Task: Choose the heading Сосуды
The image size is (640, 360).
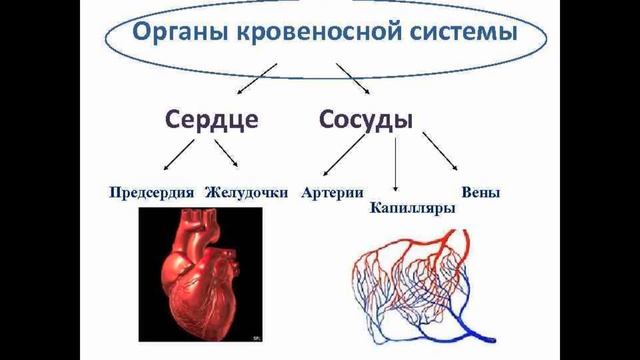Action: point(367,120)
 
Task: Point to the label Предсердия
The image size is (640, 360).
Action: point(154,192)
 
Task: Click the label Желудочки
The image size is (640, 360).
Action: point(247,192)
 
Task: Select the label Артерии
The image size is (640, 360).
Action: point(331,192)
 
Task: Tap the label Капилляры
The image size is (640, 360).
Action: point(413,208)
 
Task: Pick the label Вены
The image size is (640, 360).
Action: point(481,191)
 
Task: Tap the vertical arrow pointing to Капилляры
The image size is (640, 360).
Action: point(396,165)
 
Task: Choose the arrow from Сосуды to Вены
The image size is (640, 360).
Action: point(440,152)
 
